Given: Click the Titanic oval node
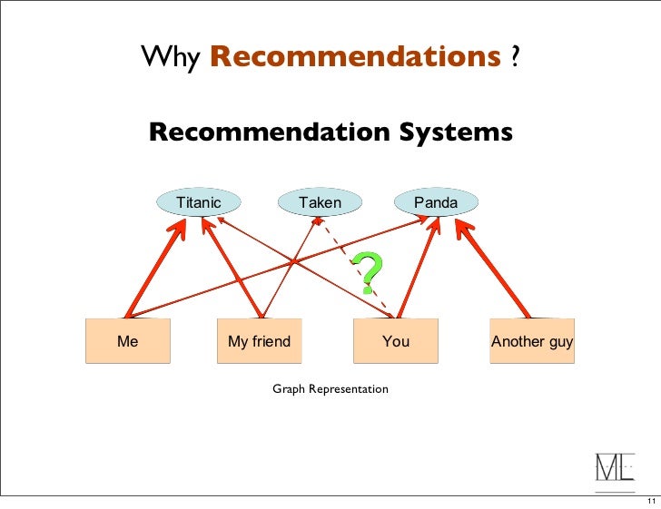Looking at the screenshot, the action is (x=199, y=202).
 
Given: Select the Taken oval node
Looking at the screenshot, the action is (x=320, y=202).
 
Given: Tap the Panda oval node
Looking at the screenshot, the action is (x=436, y=202).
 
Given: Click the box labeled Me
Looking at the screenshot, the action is (x=128, y=341).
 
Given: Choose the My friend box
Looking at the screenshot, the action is (x=260, y=341).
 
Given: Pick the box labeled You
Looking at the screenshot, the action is (x=396, y=341).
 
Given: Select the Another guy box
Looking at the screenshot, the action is (x=532, y=341).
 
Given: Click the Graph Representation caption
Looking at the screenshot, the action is (x=330, y=389).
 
